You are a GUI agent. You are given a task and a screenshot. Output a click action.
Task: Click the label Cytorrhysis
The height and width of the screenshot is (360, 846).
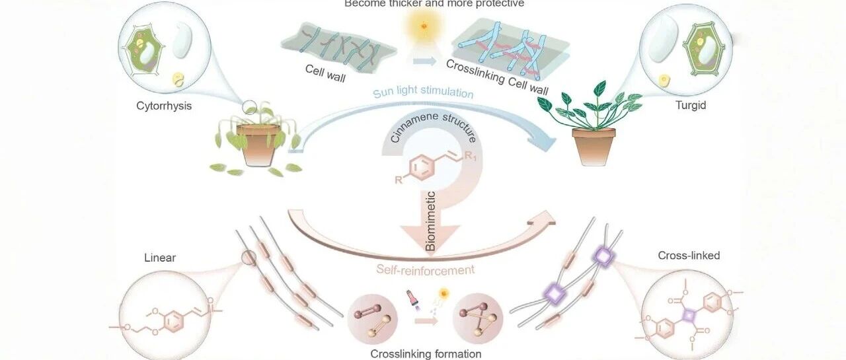(164, 105)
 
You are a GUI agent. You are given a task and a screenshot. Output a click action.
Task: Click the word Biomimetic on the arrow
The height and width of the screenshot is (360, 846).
(430, 221)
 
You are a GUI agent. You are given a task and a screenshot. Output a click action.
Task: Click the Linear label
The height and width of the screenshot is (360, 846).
(159, 258)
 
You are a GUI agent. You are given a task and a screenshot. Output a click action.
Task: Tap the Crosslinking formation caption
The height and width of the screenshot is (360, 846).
(426, 353)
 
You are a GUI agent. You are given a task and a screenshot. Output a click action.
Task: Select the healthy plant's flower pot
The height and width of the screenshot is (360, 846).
(594, 146)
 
